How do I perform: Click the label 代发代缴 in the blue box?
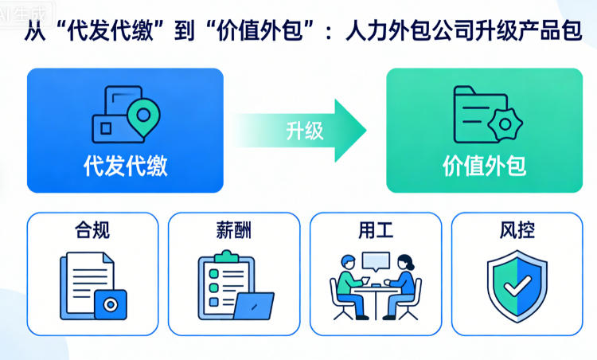point(126,165)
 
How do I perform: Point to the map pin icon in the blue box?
point(143,116)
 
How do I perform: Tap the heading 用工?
point(376,231)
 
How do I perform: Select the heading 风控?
point(517,231)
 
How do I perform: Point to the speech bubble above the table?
point(376,260)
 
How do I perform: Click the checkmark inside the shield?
point(517,283)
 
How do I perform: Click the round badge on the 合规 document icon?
point(110,304)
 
